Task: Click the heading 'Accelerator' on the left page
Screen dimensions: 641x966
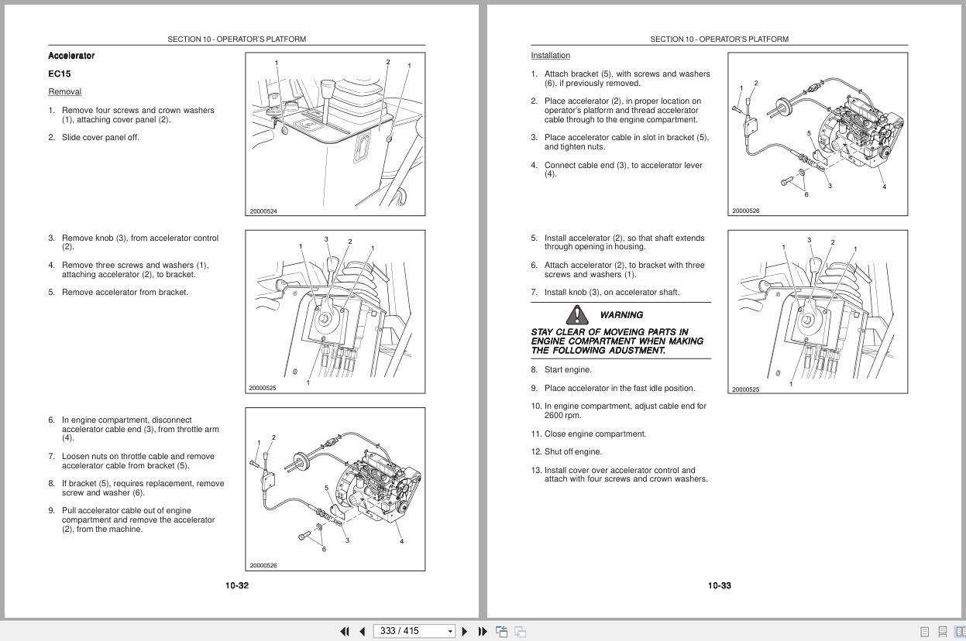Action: pos(71,56)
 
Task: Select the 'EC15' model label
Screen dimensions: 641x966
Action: pos(59,74)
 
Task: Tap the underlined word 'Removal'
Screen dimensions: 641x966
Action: pos(64,92)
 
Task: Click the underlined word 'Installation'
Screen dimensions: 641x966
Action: pos(550,56)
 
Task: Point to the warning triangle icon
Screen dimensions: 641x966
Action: pos(577,315)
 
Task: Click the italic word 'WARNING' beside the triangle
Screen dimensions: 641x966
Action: pos(621,315)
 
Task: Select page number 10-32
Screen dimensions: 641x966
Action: pos(237,586)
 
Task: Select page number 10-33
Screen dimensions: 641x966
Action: pos(719,586)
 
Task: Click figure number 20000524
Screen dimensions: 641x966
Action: pos(263,211)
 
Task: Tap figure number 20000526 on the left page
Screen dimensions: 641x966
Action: pos(263,566)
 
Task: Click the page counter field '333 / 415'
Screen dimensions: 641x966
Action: pos(409,631)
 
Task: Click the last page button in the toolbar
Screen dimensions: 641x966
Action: pos(483,631)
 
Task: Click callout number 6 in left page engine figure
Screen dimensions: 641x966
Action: pos(324,550)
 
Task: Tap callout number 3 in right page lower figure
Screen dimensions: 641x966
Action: pos(810,240)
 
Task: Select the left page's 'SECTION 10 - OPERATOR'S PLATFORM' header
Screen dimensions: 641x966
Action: pos(236,39)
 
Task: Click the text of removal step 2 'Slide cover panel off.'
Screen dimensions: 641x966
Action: pos(101,138)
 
